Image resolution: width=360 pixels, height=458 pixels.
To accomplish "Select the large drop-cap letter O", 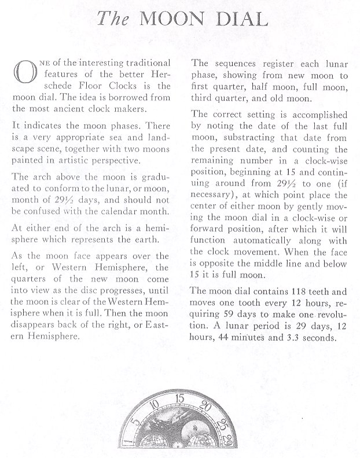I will pos(23,74).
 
